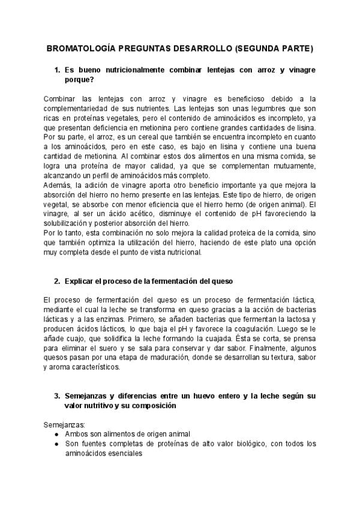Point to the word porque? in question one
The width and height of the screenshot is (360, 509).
82,80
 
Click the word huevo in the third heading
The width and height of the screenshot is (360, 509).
206,397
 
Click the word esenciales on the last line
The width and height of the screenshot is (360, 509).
123,454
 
